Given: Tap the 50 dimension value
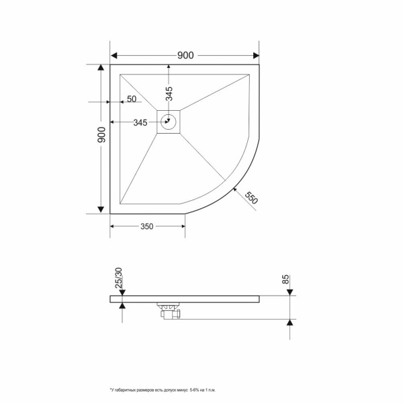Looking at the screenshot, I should coord(131,99).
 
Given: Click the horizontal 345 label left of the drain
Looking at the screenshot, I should coord(140,122).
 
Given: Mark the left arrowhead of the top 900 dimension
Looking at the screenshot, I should coord(114,54).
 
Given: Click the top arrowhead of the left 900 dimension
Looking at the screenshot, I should coord(101,69).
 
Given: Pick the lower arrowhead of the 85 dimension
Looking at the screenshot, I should coord(290,323).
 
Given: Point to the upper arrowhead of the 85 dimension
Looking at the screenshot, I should coord(290,292).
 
